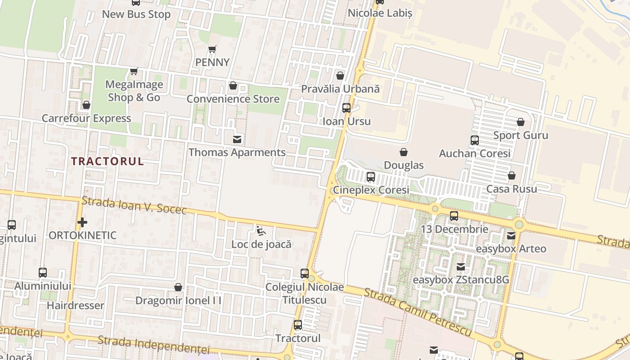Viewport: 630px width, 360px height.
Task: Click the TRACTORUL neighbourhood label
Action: pyautogui.click(x=108, y=161)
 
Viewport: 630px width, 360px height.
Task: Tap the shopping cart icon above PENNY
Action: pyautogui.click(x=212, y=49)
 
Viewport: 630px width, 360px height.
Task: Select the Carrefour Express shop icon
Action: pyautogui.click(x=86, y=105)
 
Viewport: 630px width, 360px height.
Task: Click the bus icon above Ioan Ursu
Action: pyautogui.click(x=346, y=108)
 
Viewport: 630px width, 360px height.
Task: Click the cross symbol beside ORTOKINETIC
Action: pyautogui.click(x=82, y=222)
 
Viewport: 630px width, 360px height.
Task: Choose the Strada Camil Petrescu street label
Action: pyautogui.click(x=418, y=313)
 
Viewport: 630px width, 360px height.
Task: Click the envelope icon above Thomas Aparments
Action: pyautogui.click(x=237, y=139)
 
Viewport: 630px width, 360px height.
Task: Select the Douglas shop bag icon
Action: pyautogui.click(x=404, y=153)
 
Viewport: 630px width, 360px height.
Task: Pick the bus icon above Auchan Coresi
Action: pyautogui.click(x=475, y=140)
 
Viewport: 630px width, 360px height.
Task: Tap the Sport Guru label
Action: pyautogui.click(x=521, y=135)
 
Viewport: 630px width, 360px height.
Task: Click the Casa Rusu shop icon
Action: pyautogui.click(x=512, y=175)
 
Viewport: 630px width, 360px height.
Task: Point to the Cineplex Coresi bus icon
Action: pyautogui.click(x=371, y=177)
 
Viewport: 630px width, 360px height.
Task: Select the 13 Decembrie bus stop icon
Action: pyautogui.click(x=454, y=216)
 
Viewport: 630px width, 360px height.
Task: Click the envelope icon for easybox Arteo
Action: pyautogui.click(x=511, y=236)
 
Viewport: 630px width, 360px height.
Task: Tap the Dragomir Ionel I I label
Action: pyautogui.click(x=178, y=300)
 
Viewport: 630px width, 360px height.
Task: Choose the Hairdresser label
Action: pyautogui.click(x=76, y=306)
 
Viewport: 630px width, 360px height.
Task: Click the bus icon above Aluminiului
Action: pyautogui.click(x=43, y=273)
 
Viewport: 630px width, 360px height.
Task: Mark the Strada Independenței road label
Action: pyautogui.click(x=153, y=345)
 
